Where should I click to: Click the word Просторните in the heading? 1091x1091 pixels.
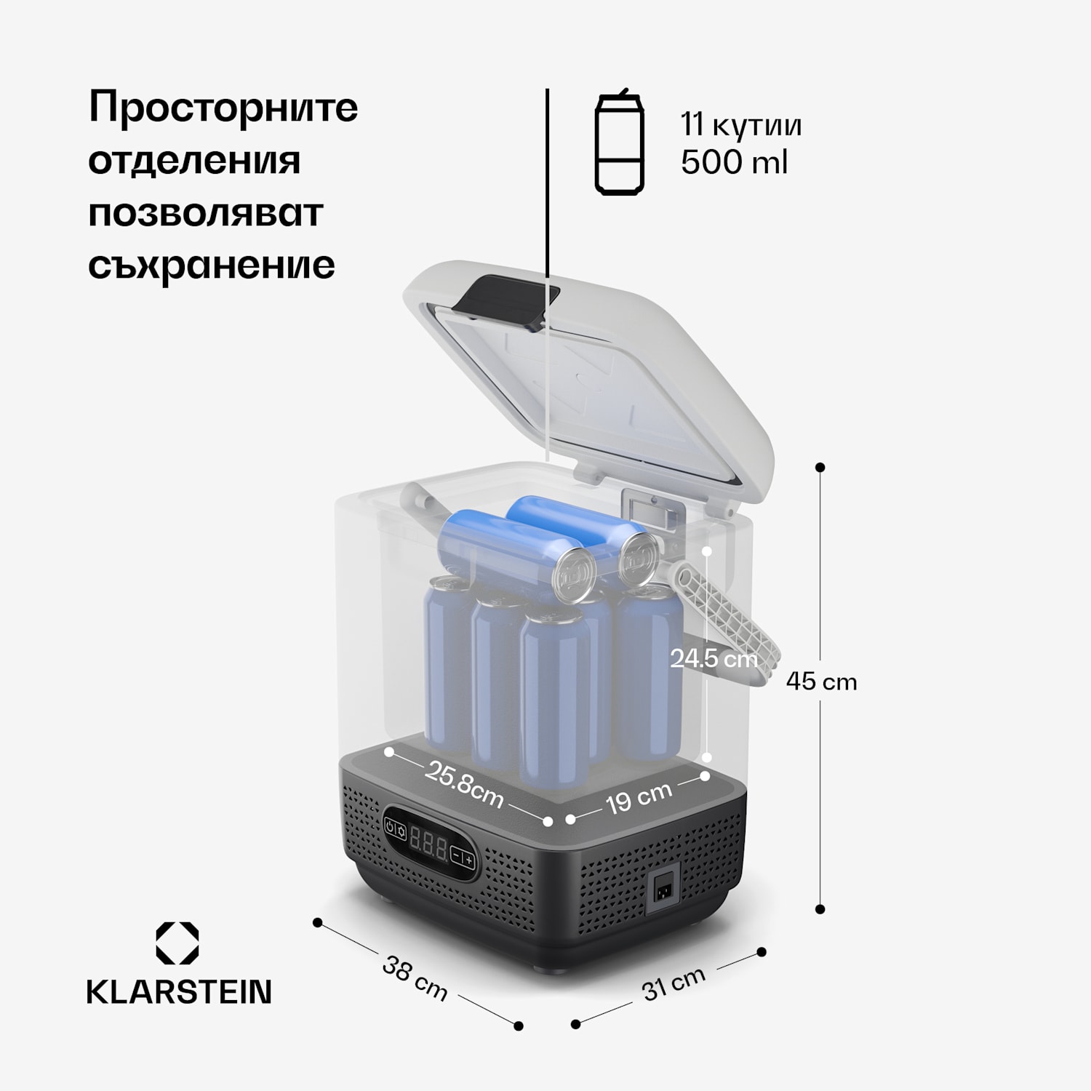click(x=223, y=108)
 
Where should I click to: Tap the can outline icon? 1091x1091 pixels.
click(x=619, y=143)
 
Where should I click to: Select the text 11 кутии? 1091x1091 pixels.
click(x=741, y=124)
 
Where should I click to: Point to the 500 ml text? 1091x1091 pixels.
click(x=734, y=162)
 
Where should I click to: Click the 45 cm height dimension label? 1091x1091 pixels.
click(x=821, y=682)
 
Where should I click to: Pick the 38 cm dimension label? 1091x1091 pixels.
click(x=415, y=978)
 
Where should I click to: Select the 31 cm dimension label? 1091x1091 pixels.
click(x=674, y=983)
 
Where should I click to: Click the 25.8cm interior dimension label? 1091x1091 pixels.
click(x=464, y=785)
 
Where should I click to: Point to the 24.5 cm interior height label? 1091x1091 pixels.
click(x=714, y=659)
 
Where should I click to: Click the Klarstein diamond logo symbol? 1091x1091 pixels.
click(x=177, y=943)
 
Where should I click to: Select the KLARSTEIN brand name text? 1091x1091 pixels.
click(x=179, y=992)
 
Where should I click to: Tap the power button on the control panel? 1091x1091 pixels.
click(x=391, y=828)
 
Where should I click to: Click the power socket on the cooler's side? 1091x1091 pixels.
click(x=663, y=890)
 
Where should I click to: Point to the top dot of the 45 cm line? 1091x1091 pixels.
click(x=820, y=467)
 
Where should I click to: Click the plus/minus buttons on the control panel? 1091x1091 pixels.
click(x=463, y=858)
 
